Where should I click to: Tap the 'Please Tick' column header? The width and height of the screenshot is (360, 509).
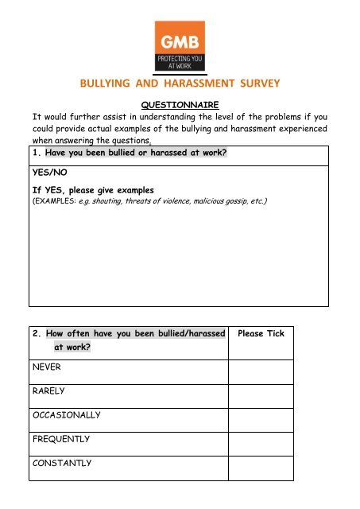coord(261,333)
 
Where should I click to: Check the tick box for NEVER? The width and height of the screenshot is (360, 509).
coord(261,368)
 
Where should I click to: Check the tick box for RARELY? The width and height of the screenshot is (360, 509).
coord(261,391)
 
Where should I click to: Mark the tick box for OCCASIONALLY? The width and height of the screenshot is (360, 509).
coord(261,415)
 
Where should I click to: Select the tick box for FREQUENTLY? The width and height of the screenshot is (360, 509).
coord(261,439)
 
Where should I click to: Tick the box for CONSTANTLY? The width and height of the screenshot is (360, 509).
coord(261,464)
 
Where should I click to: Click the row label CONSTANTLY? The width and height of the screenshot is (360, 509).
coord(63,463)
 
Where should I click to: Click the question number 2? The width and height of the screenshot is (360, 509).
coord(37,333)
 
